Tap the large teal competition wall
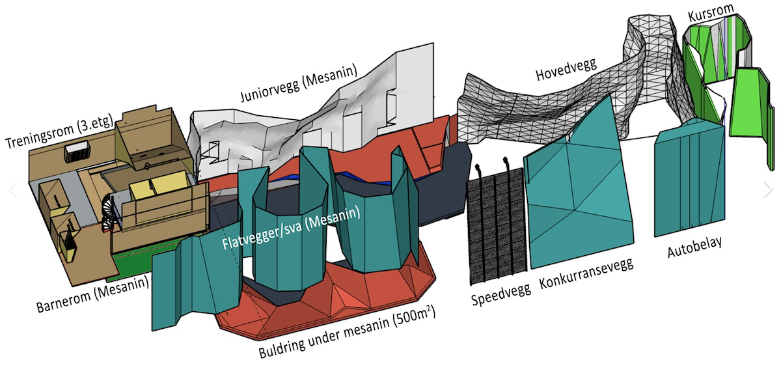(579, 189)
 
